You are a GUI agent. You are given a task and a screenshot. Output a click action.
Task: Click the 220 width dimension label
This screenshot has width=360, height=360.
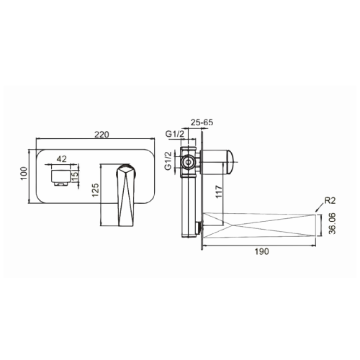pyautogui.click(x=102, y=135)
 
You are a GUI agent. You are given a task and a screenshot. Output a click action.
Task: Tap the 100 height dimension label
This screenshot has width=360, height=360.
pyautogui.click(x=24, y=174)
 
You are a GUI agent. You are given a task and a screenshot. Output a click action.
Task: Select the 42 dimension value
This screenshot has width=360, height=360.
pyautogui.click(x=61, y=159)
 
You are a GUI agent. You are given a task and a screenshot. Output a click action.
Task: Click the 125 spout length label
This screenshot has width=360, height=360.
pyautogui.click(x=96, y=190)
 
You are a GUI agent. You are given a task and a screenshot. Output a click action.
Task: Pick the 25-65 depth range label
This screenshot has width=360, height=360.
pyautogui.click(x=202, y=122)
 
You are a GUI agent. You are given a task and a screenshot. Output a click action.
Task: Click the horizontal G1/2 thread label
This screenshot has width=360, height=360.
pyautogui.click(x=174, y=133)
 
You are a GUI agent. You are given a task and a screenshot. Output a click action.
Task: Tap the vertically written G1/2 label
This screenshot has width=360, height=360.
pyautogui.click(x=168, y=161)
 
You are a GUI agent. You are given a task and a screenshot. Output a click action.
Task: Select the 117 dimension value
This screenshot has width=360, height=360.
pyautogui.click(x=219, y=192)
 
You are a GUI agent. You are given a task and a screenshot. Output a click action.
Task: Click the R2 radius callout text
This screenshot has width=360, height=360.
pyautogui.click(x=330, y=201)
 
